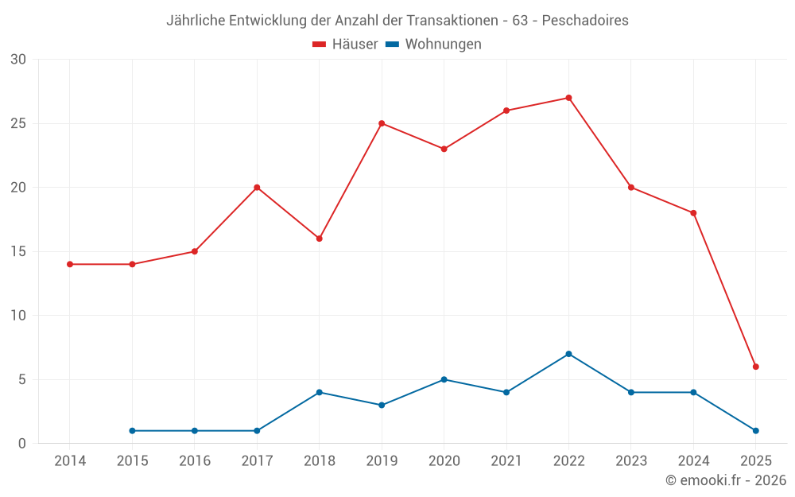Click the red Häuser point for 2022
pyautogui.click(x=568, y=98)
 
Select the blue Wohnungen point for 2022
pyautogui.click(x=568, y=354)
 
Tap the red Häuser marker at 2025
pyautogui.click(x=756, y=367)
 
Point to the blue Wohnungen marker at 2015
pyautogui.click(x=132, y=431)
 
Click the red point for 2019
pyautogui.click(x=382, y=123)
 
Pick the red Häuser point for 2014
pyautogui.click(x=70, y=264)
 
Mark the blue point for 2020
pyautogui.click(x=444, y=379)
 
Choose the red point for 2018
pyautogui.click(x=320, y=239)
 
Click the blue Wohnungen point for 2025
pyautogui.click(x=756, y=431)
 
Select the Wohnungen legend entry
pyautogui.click(x=433, y=45)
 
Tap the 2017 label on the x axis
pyautogui.click(x=257, y=461)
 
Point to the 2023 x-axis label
pyautogui.click(x=631, y=461)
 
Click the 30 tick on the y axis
pyautogui.click(x=18, y=60)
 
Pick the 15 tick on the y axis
pyautogui.click(x=18, y=251)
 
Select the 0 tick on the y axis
pyautogui.click(x=22, y=444)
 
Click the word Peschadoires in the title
pyautogui.click(x=587, y=21)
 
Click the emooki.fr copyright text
pyautogui.click(x=725, y=480)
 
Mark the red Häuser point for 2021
pyautogui.click(x=506, y=111)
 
